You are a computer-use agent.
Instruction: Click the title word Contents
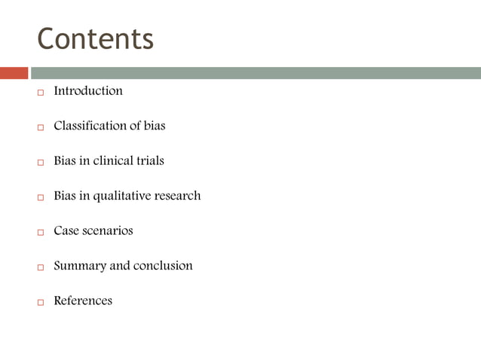click(x=95, y=38)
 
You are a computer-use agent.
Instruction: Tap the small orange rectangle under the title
click(x=14, y=73)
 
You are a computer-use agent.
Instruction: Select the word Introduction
click(x=87, y=91)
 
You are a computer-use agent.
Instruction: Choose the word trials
click(x=148, y=160)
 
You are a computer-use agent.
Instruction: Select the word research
click(x=178, y=196)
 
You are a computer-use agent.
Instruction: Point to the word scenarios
click(x=108, y=230)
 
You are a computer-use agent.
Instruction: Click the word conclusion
click(x=163, y=266)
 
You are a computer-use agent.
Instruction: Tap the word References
click(x=83, y=301)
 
